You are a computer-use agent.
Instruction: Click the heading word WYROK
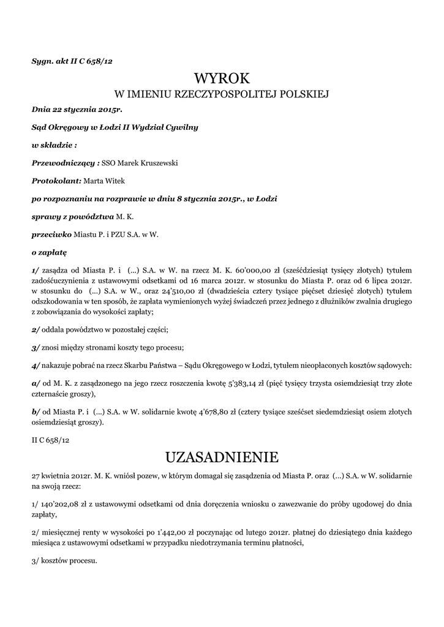coord(222,78)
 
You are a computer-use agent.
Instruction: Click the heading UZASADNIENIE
coord(222,457)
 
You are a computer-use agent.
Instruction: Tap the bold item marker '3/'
coord(36,348)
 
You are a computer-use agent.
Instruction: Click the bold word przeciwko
coord(51,234)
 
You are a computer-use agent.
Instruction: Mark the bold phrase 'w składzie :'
coord(54,145)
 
